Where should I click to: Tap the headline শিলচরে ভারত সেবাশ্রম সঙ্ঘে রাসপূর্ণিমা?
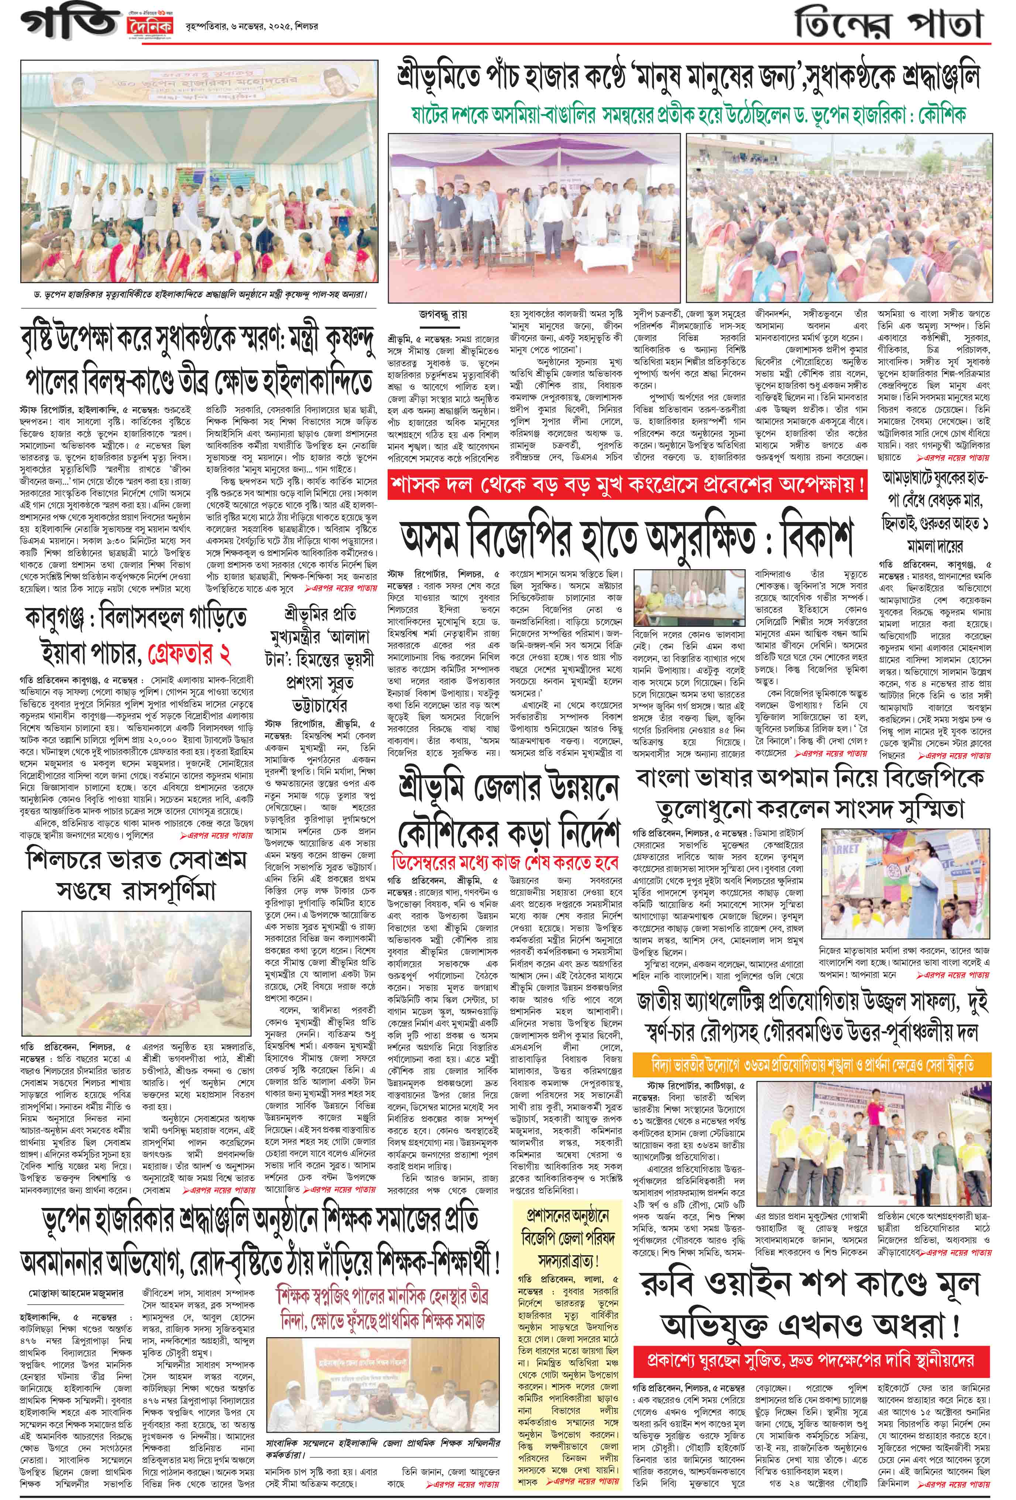121,876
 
